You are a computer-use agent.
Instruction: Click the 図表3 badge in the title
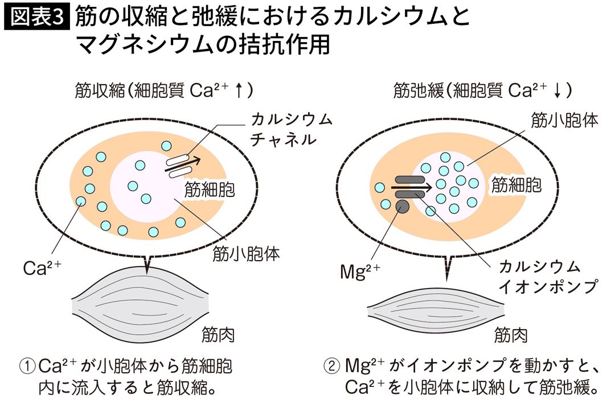[x=37, y=17]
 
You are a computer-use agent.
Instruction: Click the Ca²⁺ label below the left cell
[x=42, y=268]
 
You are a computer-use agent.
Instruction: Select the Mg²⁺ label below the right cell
[x=360, y=272]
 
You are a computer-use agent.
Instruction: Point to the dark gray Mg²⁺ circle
[x=402, y=206]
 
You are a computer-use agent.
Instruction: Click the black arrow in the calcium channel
[x=183, y=165]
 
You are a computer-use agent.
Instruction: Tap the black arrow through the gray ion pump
[x=412, y=187]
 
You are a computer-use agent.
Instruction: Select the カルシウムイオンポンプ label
[x=548, y=277]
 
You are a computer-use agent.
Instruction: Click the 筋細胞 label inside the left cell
[x=210, y=190]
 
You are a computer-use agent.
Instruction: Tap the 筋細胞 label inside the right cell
[x=516, y=184]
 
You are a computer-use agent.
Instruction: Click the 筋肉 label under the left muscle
[x=218, y=335]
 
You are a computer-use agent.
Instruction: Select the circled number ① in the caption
[x=27, y=367]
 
